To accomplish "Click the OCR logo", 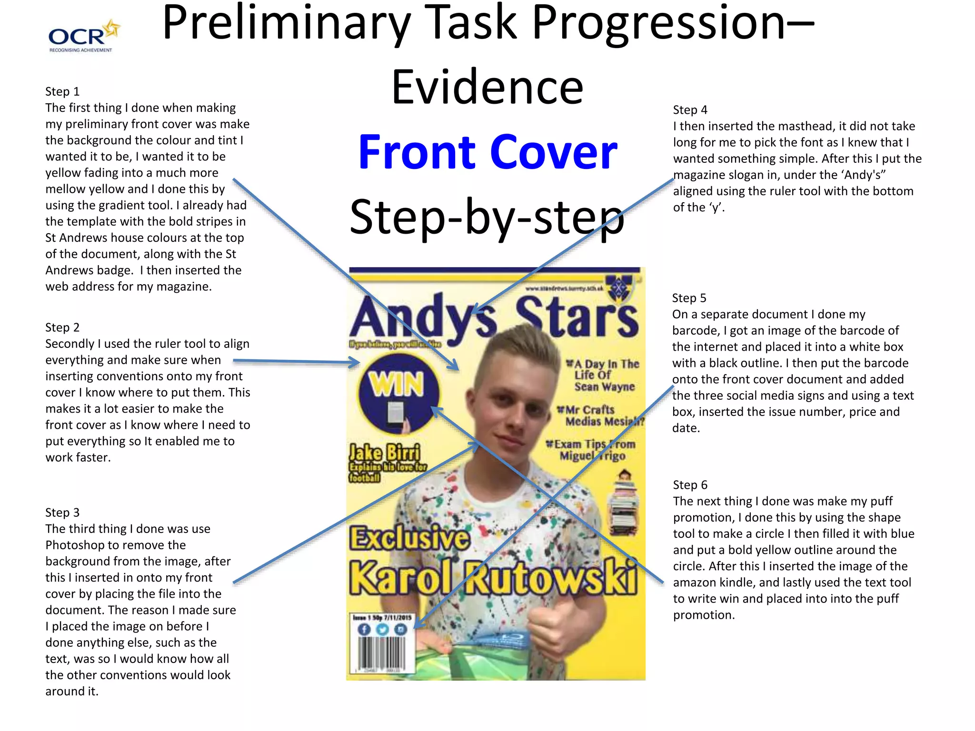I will pyautogui.click(x=84, y=36).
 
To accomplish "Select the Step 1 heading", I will pyautogui.click(x=62, y=91).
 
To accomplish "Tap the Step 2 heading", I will pyautogui.click(x=62, y=327).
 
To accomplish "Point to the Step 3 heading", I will pyautogui.click(x=62, y=513).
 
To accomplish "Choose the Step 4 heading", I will pyautogui.click(x=690, y=110).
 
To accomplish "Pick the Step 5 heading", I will pyautogui.click(x=689, y=298).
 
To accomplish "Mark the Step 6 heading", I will pyautogui.click(x=690, y=485).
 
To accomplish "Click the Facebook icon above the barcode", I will pyautogui.click(x=364, y=629).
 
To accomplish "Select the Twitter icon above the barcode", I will pyautogui.click(x=382, y=629).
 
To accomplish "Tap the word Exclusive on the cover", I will pyautogui.click(x=410, y=538).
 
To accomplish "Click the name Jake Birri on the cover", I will pyautogui.click(x=385, y=452).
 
